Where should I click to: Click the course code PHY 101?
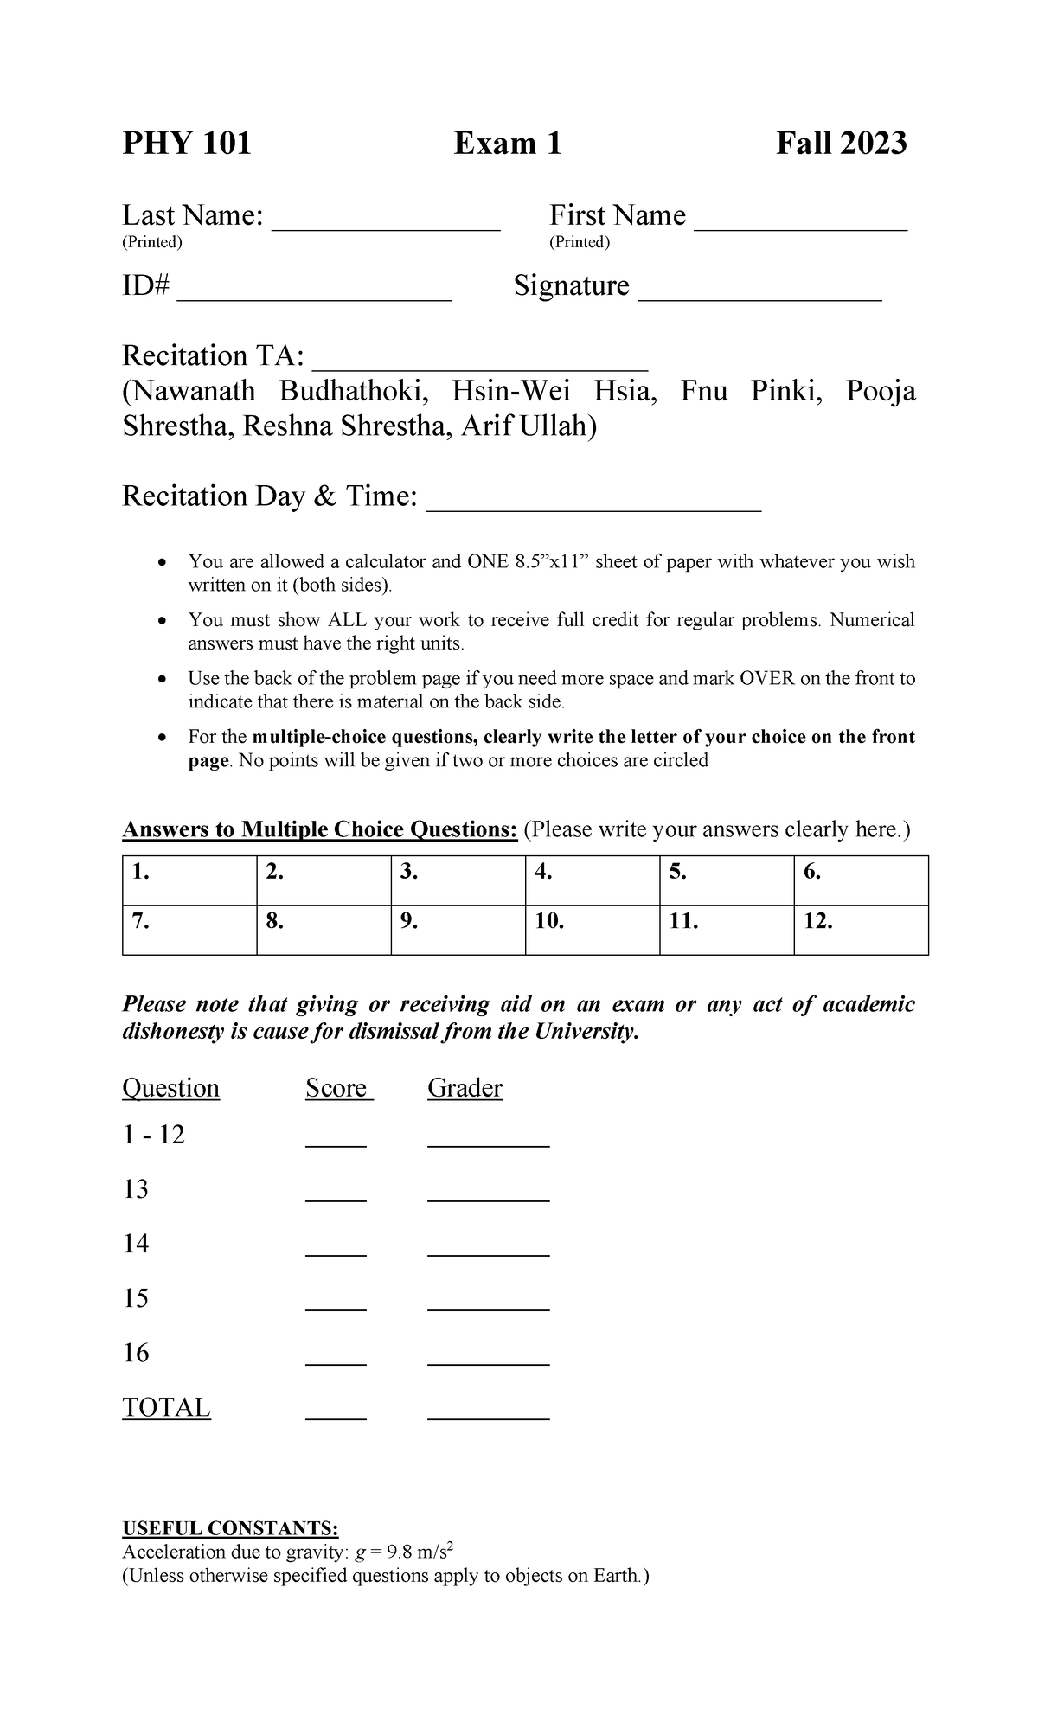(187, 143)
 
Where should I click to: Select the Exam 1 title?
(508, 143)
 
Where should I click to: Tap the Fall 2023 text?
(841, 143)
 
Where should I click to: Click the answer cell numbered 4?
(592, 880)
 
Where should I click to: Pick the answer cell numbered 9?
(458, 930)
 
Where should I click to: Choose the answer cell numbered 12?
(861, 930)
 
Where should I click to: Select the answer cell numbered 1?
(189, 880)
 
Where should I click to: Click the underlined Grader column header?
(465, 1088)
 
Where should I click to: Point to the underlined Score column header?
(336, 1088)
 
